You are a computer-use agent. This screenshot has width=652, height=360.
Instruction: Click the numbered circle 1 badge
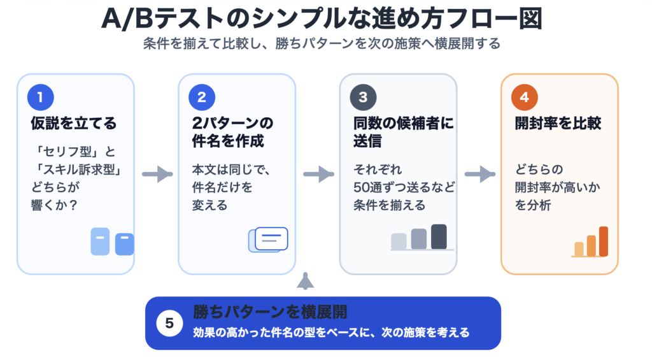click(x=40, y=97)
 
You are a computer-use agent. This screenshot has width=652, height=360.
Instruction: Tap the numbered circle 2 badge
click(x=202, y=97)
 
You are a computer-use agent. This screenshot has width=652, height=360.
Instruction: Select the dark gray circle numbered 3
click(x=363, y=97)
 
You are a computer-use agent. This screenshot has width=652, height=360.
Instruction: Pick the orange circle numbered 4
click(x=524, y=97)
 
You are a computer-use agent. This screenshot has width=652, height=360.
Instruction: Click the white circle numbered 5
click(x=169, y=323)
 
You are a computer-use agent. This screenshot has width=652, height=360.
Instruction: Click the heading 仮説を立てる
click(x=74, y=124)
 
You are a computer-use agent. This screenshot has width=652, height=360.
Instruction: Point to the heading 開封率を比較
click(x=558, y=124)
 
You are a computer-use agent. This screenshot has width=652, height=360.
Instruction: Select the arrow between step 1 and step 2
click(x=157, y=174)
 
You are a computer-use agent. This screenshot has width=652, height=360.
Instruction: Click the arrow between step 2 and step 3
click(x=318, y=174)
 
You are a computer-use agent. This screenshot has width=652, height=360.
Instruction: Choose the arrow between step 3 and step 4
click(x=479, y=174)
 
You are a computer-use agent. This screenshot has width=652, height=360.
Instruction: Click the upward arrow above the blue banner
click(x=306, y=280)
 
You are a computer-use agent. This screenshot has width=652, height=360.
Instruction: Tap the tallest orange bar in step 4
click(x=604, y=241)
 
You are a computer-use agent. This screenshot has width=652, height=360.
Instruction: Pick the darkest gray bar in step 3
click(x=439, y=236)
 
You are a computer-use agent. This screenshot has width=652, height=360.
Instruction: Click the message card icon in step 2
click(x=270, y=238)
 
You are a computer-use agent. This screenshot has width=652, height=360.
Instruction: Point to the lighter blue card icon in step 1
click(x=100, y=241)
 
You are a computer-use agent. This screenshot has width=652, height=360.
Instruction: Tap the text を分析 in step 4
click(x=534, y=205)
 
